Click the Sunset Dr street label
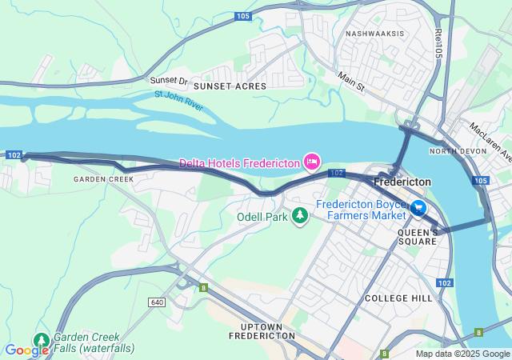tap(168, 81)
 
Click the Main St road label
tap(350, 81)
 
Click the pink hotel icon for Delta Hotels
tap(312, 162)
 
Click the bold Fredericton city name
tap(402, 182)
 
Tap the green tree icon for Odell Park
tap(300, 216)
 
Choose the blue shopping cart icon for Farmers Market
tap(418, 209)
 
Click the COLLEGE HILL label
tap(398, 298)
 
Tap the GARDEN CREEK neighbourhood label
tap(103, 179)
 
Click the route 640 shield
tap(156, 302)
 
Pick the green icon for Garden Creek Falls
tap(41, 341)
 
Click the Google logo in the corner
tap(26, 350)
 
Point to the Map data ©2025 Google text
tap(462, 354)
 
